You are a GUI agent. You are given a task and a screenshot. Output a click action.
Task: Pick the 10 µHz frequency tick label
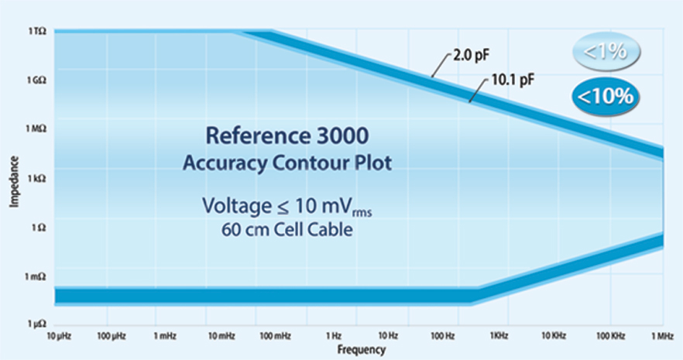(x=58, y=337)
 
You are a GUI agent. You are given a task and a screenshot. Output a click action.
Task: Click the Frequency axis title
(x=361, y=350)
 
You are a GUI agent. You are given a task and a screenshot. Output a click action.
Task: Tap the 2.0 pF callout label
(x=468, y=57)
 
